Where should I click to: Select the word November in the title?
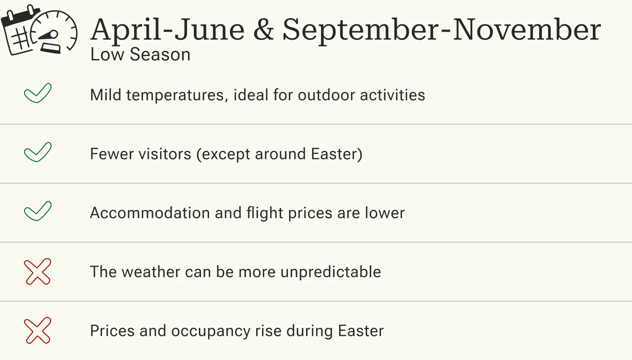coord(527,30)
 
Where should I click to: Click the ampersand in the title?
coord(264,30)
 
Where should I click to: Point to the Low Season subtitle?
coord(140,55)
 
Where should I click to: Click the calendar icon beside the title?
coord(19,32)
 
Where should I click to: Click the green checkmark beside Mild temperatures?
coord(37,93)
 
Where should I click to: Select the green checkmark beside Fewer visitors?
coord(37,152)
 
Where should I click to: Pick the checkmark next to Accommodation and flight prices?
coord(37,211)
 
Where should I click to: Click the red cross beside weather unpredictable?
coord(37,271)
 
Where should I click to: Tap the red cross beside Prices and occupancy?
coord(37,330)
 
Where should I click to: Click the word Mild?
coord(106,95)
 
